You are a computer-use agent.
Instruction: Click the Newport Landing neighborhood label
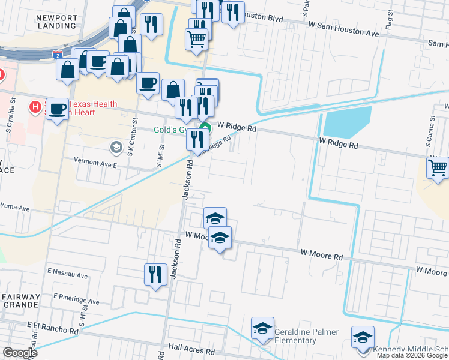click(56, 22)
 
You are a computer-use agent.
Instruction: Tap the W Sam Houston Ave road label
click(343, 33)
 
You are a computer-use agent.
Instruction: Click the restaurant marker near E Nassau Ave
click(155, 275)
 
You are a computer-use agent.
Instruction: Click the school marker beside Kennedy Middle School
click(363, 337)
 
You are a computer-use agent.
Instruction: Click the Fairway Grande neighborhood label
click(20, 301)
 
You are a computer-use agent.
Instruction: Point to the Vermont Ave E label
click(95, 161)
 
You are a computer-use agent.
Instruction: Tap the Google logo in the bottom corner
click(20, 353)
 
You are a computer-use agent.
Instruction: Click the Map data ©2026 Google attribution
click(411, 355)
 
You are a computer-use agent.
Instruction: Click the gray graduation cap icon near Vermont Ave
click(116, 147)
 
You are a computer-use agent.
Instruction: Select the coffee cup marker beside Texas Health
click(58, 109)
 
